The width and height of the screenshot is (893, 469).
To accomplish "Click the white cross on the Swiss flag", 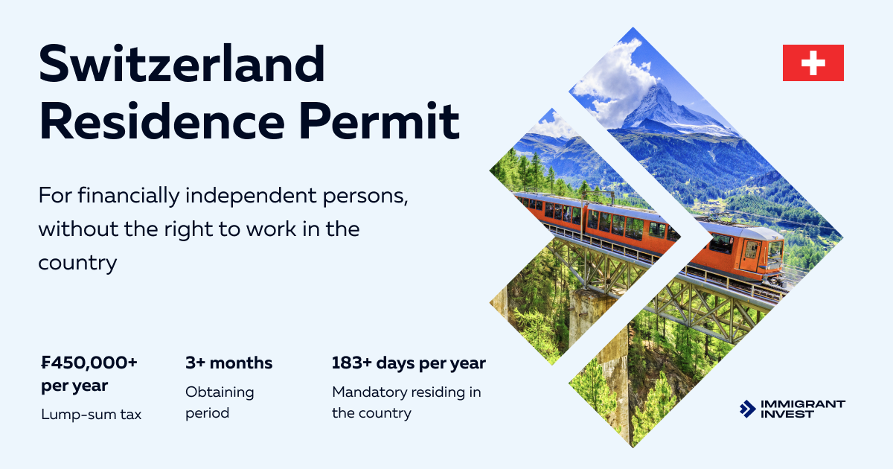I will (x=813, y=63).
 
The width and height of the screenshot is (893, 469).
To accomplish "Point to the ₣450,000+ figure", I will (x=89, y=363).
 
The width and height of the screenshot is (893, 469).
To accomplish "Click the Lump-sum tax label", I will (x=91, y=415).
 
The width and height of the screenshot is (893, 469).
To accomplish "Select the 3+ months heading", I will (x=228, y=363).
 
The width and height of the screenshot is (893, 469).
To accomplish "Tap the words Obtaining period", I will (x=220, y=402).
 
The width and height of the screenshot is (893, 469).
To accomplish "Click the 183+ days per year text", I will (x=408, y=363).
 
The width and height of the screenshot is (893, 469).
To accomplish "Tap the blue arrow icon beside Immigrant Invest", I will (x=747, y=409).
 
